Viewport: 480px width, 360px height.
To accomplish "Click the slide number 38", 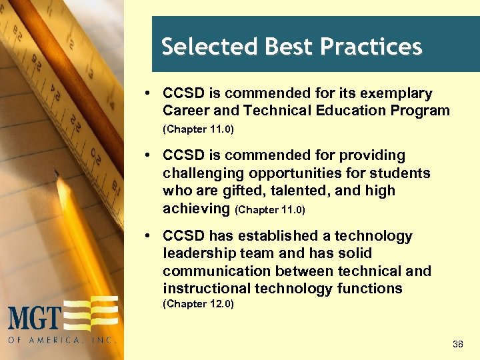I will point(457,345).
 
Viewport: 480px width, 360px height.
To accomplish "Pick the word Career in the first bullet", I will point(187,111).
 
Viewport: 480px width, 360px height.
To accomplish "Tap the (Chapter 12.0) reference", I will point(198,305).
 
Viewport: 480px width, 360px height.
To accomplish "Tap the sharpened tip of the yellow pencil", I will point(58,175).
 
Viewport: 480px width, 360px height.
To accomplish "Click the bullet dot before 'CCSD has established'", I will point(153,236).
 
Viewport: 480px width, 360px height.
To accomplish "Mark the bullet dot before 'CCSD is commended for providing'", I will point(153,155).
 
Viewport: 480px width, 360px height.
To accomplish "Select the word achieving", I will point(196,209).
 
